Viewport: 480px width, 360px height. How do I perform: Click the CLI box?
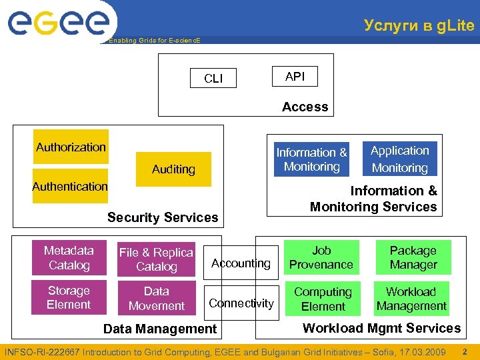213,79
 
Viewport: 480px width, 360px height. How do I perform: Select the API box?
295,77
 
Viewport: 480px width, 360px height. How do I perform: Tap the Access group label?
305,107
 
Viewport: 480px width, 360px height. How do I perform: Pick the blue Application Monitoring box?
399,159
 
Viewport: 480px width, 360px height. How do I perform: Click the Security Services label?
163,217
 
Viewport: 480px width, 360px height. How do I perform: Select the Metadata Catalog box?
69,258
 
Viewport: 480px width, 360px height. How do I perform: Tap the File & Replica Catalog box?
156,259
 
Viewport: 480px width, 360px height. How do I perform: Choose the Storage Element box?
69,297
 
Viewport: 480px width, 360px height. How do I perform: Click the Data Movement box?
156,299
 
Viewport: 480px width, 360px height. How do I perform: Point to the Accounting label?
241,263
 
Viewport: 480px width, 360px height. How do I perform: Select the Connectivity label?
241,303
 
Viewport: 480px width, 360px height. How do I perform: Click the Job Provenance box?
321,257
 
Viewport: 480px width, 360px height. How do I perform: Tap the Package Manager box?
413,257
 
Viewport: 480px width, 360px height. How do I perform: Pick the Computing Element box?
323,299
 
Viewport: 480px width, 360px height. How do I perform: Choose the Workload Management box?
411,299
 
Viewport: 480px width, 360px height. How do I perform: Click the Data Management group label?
160,328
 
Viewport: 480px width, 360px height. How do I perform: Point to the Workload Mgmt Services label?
381,327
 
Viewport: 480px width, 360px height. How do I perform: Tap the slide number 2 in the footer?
465,351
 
